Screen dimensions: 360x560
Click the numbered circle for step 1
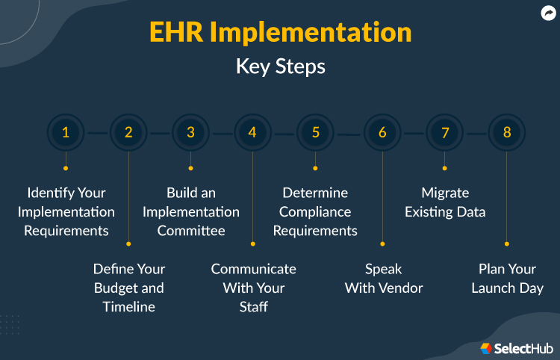pyautogui.click(x=66, y=133)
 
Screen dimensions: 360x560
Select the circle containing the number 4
pyautogui.click(x=252, y=133)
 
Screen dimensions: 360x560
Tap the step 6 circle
pyautogui.click(x=382, y=133)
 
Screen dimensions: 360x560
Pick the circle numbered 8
pyautogui.click(x=507, y=133)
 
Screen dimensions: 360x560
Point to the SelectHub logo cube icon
pyautogui.click(x=486, y=347)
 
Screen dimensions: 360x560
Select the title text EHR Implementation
pyautogui.click(x=280, y=33)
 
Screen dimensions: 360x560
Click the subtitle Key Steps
pyautogui.click(x=280, y=66)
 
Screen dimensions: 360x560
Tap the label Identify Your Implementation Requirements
pyautogui.click(x=66, y=212)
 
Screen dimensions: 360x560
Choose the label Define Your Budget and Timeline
pyautogui.click(x=128, y=288)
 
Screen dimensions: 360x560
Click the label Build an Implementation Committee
pyautogui.click(x=190, y=212)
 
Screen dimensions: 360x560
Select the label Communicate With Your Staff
pyautogui.click(x=253, y=288)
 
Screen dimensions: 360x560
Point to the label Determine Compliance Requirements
pyautogui.click(x=315, y=212)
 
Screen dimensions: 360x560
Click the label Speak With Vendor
pyautogui.click(x=383, y=278)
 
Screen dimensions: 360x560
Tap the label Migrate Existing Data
pyautogui.click(x=445, y=202)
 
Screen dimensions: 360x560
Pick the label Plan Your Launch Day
pyautogui.click(x=507, y=278)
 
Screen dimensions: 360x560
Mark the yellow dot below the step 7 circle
pyautogui.click(x=445, y=168)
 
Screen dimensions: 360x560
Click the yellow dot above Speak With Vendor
pyautogui.click(x=382, y=243)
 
